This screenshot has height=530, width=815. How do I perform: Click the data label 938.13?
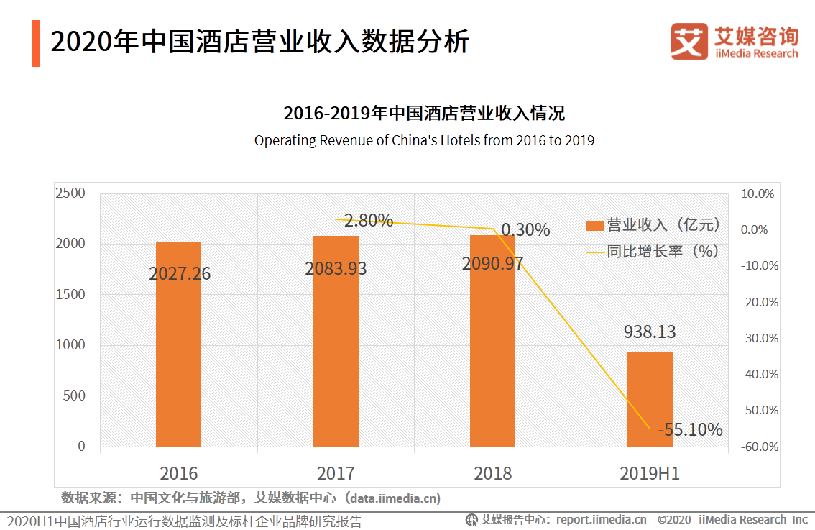pyautogui.click(x=650, y=332)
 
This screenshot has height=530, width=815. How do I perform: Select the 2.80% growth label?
pyautogui.click(x=368, y=221)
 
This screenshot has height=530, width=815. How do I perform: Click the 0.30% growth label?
pyautogui.click(x=525, y=230)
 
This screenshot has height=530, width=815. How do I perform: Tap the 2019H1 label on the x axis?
pyautogui.click(x=650, y=473)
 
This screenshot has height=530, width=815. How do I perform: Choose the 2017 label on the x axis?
pyautogui.click(x=336, y=473)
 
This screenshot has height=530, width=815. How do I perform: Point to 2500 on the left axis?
pyautogui.click(x=71, y=193)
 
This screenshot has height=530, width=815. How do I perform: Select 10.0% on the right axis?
pyautogui.click(x=760, y=193)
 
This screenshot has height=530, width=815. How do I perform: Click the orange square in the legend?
pyautogui.click(x=594, y=226)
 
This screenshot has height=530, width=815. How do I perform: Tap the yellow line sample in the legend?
pyautogui.click(x=594, y=252)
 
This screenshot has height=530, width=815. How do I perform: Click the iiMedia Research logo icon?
pyautogui.click(x=689, y=42)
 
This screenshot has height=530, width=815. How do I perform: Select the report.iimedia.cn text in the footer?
pyautogui.click(x=601, y=519)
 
